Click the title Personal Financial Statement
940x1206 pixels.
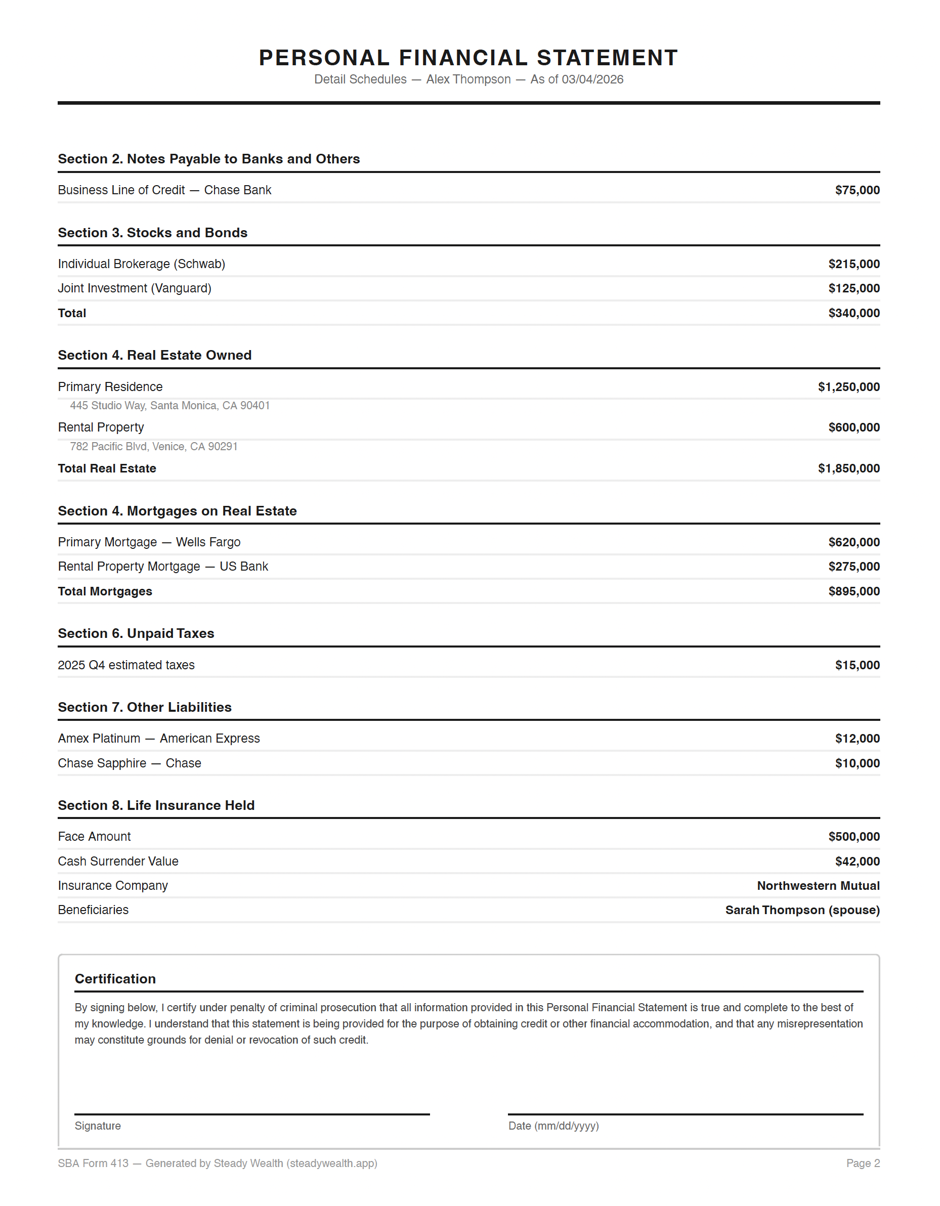pyautogui.click(x=468, y=58)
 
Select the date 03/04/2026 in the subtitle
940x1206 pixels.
pyautogui.click(x=592, y=79)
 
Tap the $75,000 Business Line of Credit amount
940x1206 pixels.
pyautogui.click(x=857, y=191)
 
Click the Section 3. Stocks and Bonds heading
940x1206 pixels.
pyautogui.click(x=152, y=233)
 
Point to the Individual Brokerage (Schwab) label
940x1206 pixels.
pyautogui.click(x=141, y=264)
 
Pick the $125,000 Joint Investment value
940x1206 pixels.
pyautogui.click(x=854, y=288)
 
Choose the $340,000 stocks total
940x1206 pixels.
pyautogui.click(x=854, y=313)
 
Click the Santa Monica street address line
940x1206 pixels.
pyautogui.click(x=169, y=406)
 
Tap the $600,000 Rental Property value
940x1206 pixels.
pyautogui.click(x=854, y=427)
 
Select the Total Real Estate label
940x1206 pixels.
pyautogui.click(x=107, y=469)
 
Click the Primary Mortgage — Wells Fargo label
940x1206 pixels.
pyautogui.click(x=149, y=542)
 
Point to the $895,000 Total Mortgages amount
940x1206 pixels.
pyautogui.click(x=854, y=591)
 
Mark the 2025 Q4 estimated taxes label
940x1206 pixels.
pyautogui.click(x=126, y=665)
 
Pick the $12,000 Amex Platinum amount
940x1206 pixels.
pyautogui.click(x=857, y=739)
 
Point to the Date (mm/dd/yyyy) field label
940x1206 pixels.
pyautogui.click(x=553, y=1126)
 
